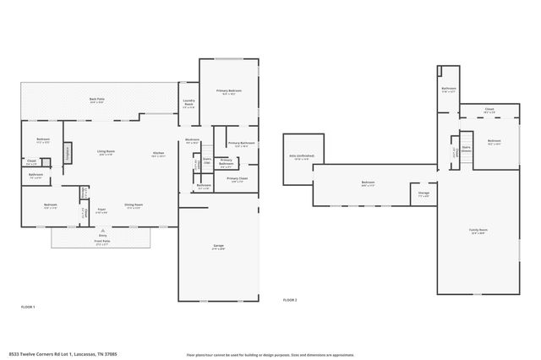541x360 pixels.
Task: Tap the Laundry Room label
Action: [189, 104]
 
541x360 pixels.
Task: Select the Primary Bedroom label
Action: [229, 91]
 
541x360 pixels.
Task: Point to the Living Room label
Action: [107, 152]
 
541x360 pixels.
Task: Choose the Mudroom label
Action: [193, 141]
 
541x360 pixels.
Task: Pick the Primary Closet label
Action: [238, 180]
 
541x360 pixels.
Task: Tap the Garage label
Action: [218, 248]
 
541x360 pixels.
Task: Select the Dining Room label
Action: [134, 206]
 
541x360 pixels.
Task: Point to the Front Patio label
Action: [101, 241]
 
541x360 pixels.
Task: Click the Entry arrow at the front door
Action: [101, 229]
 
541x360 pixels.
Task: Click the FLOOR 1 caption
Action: [27, 306]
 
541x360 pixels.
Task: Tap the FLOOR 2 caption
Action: [290, 300]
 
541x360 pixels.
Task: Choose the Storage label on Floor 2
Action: [424, 194]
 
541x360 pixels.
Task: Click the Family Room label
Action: [478, 230]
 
